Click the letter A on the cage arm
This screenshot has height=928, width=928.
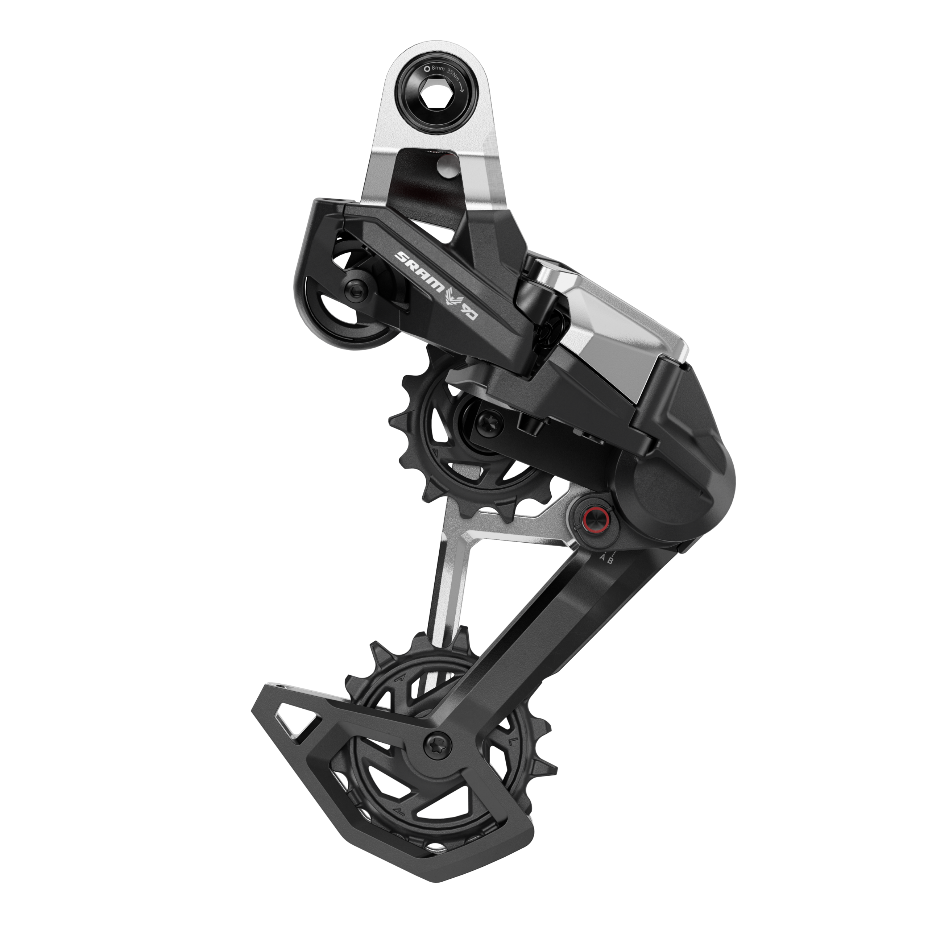(x=603, y=559)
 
